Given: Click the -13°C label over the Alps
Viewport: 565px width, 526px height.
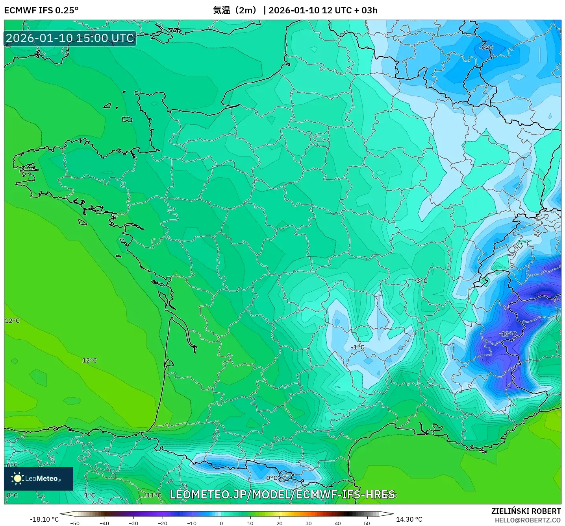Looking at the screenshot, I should point(508,334).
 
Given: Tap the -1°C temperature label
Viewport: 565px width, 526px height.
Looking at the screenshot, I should point(358,347).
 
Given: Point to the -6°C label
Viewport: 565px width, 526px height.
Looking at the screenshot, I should point(486,48).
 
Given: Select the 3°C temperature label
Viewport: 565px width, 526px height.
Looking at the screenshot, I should point(421,281).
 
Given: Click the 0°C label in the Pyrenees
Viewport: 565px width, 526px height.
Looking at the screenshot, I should point(272,478).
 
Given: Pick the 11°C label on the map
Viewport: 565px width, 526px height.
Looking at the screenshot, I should point(154,495).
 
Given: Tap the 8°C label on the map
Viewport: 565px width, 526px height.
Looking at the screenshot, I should point(12,495).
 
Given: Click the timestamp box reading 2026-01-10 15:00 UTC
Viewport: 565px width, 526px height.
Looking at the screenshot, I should point(70,38).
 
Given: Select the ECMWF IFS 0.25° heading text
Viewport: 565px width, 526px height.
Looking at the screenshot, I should point(41,10).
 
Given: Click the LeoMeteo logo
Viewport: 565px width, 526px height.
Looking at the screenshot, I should point(39,478).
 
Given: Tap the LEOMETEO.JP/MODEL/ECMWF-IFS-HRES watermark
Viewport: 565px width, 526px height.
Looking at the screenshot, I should point(282,495).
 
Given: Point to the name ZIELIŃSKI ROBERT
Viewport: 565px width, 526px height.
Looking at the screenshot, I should point(526,511).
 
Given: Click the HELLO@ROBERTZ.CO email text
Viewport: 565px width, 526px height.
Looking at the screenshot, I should point(527,520).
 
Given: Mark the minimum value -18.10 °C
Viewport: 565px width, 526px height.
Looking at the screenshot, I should point(44,519).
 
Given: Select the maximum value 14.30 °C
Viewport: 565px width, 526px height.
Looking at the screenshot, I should point(409,519).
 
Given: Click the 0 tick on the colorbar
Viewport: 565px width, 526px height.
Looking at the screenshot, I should point(221,523).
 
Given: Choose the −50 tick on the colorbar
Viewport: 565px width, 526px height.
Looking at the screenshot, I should point(74,523).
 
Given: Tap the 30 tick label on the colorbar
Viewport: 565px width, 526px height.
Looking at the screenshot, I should point(308,523).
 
